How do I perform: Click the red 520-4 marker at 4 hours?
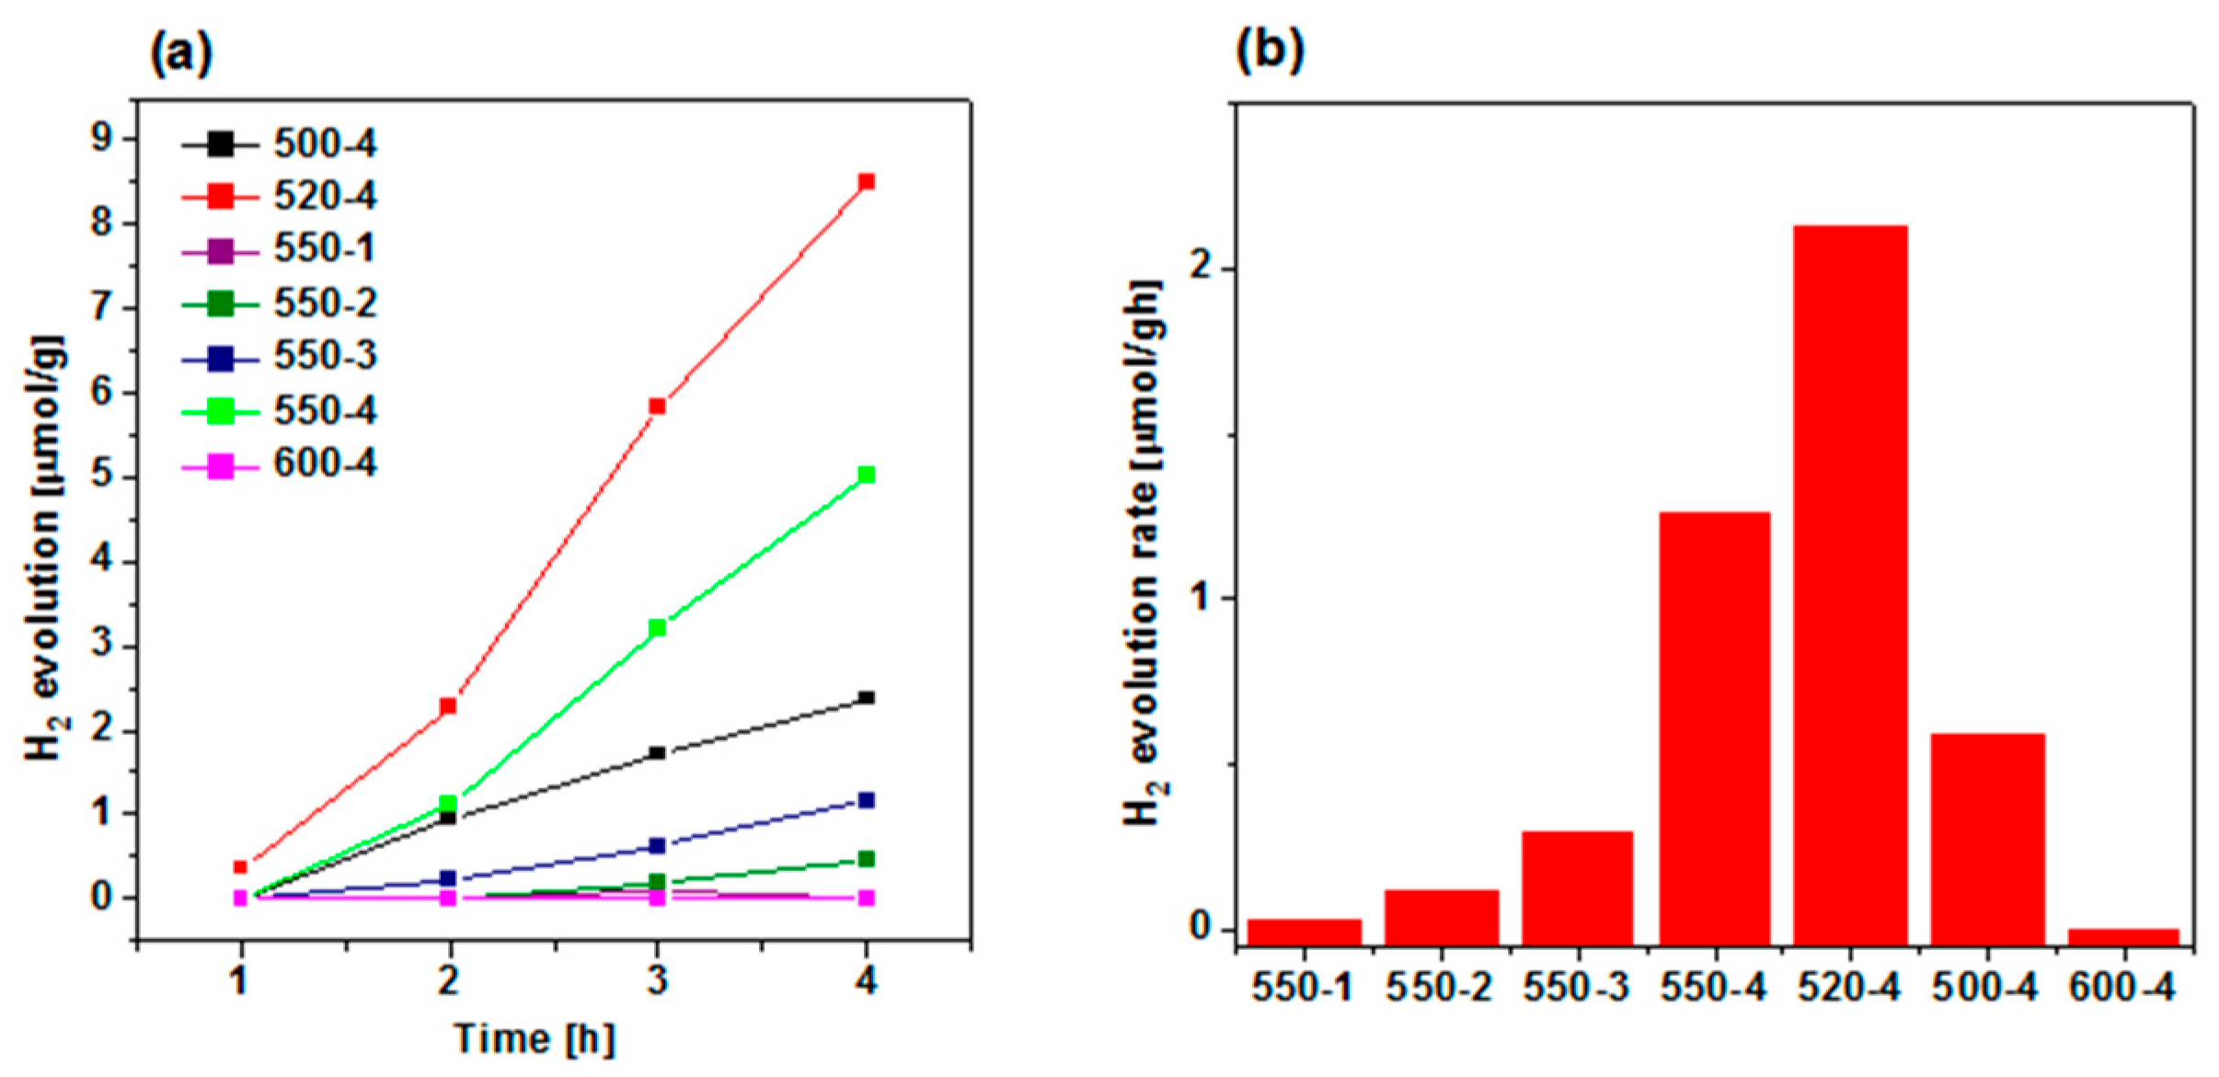pyautogui.click(x=866, y=182)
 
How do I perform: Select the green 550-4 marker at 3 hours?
pyautogui.click(x=657, y=628)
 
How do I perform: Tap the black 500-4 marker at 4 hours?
pyautogui.click(x=866, y=698)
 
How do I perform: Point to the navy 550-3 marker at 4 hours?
pyautogui.click(x=866, y=800)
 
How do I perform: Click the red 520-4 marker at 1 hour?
pyautogui.click(x=241, y=866)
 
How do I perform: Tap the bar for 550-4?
pyautogui.click(x=1714, y=727)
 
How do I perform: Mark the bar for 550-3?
pyautogui.click(x=1577, y=888)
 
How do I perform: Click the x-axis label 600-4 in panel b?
pyautogui.click(x=2121, y=988)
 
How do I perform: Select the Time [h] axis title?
pyautogui.click(x=535, y=1040)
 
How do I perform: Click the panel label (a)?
pyautogui.click(x=181, y=53)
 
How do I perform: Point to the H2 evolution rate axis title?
pyautogui.click(x=1144, y=552)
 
